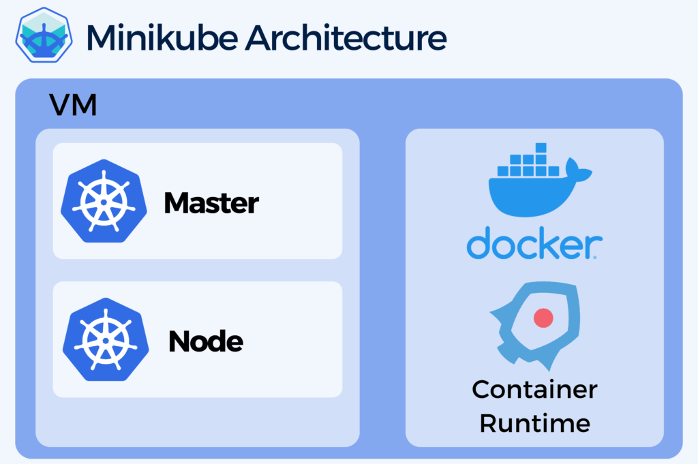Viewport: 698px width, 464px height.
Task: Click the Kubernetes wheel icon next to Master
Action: (x=104, y=201)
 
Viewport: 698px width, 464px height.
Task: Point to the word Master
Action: (x=211, y=203)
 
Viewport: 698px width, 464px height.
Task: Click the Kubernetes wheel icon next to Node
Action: (x=104, y=339)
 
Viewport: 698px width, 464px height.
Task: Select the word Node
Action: (x=205, y=341)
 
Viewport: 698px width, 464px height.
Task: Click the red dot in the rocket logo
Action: (x=543, y=317)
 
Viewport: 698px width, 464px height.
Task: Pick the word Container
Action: (x=534, y=390)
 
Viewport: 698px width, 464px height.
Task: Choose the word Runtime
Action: (x=534, y=423)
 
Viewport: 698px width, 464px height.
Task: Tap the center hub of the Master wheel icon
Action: (x=104, y=202)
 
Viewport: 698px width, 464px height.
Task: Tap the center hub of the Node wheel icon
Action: (x=104, y=339)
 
